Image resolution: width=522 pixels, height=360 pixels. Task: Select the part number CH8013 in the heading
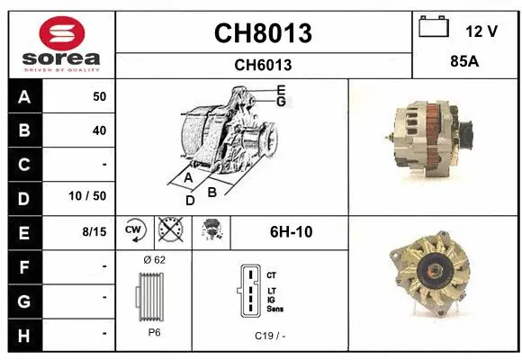[x=263, y=33]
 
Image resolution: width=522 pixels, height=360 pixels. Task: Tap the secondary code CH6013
[x=263, y=65]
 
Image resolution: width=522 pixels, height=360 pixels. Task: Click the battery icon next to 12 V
[x=434, y=28]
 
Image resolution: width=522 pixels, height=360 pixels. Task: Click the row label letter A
[x=23, y=95]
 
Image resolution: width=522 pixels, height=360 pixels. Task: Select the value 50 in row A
[x=99, y=95]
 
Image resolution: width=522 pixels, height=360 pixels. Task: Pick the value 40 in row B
[x=99, y=130]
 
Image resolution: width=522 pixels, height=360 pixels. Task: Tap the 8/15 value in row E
[x=94, y=231]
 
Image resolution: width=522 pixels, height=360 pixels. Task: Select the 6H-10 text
[x=292, y=231]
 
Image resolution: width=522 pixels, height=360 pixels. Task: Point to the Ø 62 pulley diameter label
[x=155, y=260]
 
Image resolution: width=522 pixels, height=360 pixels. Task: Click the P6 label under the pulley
[x=155, y=332]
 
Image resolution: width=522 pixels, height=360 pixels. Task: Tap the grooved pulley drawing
[x=153, y=296]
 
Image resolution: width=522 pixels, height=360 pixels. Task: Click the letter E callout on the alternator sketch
[x=282, y=89]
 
